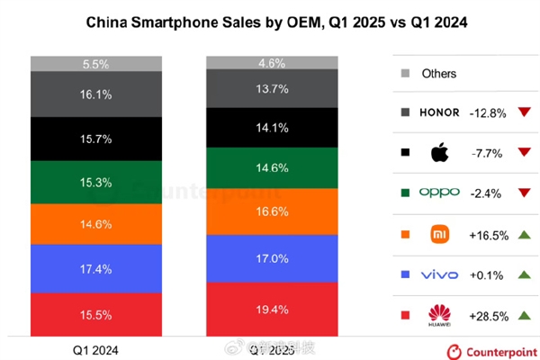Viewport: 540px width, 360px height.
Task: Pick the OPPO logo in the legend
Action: (x=439, y=193)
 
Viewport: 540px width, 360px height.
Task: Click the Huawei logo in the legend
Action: (x=438, y=316)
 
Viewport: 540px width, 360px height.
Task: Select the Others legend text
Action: (x=439, y=74)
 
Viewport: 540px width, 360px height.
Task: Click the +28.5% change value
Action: (x=490, y=316)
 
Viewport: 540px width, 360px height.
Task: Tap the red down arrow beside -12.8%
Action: (x=523, y=113)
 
